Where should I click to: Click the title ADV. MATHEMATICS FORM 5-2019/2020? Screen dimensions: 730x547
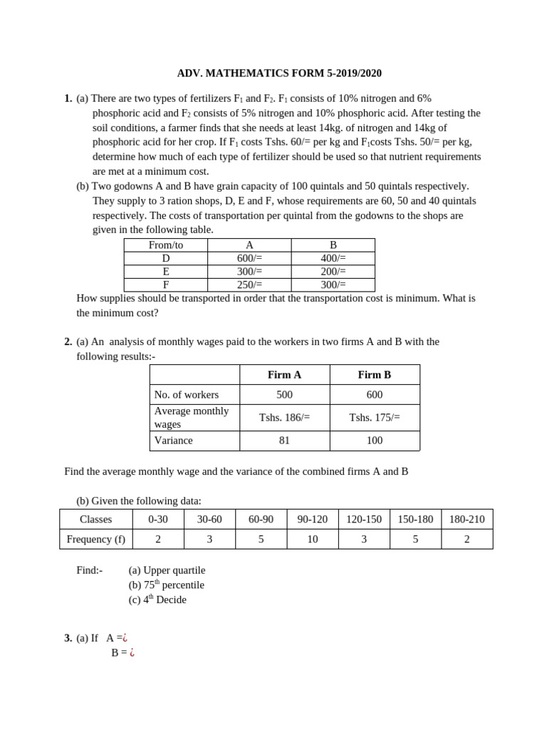click(x=279, y=73)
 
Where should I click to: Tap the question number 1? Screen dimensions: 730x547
click(x=68, y=98)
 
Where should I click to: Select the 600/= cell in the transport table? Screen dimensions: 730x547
click(x=249, y=258)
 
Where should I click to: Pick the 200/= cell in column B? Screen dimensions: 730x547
click(x=333, y=272)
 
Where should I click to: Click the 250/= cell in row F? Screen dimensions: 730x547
click(x=249, y=284)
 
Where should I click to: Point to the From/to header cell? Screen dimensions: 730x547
click(x=166, y=245)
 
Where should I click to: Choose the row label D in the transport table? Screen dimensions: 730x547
click(x=166, y=258)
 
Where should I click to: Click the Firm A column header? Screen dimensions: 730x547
click(x=284, y=375)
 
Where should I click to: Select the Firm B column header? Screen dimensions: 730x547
click(x=375, y=375)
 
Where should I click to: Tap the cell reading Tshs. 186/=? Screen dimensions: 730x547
click(x=284, y=418)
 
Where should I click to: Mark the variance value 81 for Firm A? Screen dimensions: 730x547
click(x=284, y=441)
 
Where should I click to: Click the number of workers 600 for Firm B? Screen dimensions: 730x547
click(x=375, y=395)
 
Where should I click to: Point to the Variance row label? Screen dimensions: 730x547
click(x=174, y=441)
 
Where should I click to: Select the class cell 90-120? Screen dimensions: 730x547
click(x=312, y=520)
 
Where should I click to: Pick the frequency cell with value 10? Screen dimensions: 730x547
click(x=312, y=540)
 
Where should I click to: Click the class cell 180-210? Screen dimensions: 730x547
click(x=467, y=520)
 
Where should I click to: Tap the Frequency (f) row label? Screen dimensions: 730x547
click(x=96, y=540)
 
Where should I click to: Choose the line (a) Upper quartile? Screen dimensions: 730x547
click(x=167, y=570)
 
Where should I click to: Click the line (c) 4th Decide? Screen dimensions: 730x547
click(x=157, y=600)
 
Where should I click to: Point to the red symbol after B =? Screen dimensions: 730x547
click(x=132, y=652)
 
